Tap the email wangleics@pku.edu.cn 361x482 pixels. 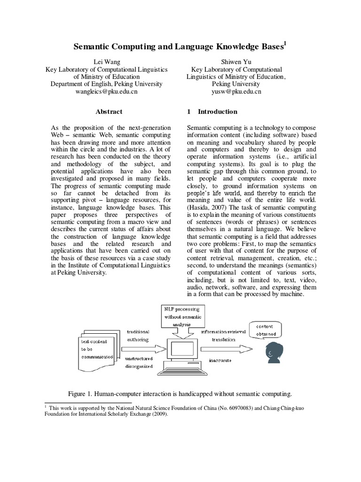[x=106, y=91]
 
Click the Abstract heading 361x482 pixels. [x=109, y=112]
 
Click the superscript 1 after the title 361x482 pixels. [x=285, y=44]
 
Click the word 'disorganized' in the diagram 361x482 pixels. [x=139, y=366]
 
